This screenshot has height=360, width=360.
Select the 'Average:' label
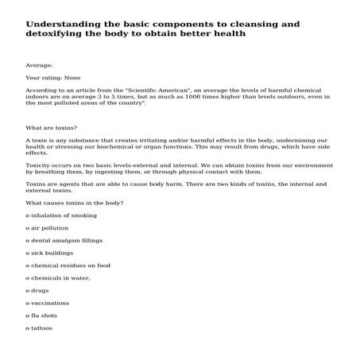pos(39,67)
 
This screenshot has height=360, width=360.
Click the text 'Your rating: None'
pos(53,79)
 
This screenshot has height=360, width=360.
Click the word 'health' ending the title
pos(226,35)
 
